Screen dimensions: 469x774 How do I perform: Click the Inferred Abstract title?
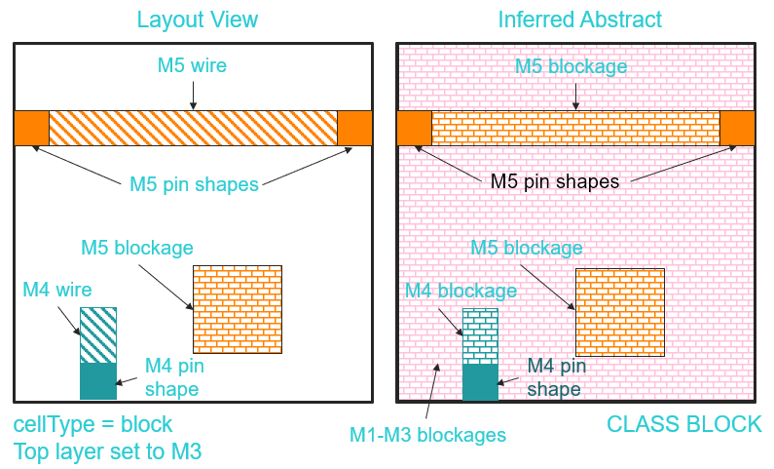(x=580, y=20)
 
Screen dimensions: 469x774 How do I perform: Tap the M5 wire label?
(x=193, y=66)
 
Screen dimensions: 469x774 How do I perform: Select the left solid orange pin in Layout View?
(x=31, y=128)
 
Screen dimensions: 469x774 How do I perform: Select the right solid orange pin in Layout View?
(x=355, y=128)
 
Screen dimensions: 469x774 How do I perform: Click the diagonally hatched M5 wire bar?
(x=193, y=128)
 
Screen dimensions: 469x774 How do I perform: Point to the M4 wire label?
(x=57, y=290)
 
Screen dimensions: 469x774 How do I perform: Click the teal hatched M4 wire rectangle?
(x=97, y=335)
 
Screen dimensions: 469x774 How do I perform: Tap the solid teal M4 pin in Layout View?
(x=97, y=380)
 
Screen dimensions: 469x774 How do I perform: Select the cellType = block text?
(x=92, y=425)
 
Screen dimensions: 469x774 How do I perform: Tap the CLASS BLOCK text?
(x=683, y=425)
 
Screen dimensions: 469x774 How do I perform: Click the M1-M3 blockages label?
(x=427, y=435)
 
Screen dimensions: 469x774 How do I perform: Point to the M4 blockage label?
(x=461, y=291)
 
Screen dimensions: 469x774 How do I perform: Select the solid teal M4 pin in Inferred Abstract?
(x=480, y=382)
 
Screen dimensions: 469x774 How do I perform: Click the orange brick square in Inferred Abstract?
(x=620, y=312)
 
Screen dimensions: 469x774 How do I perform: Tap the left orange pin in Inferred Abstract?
(x=414, y=128)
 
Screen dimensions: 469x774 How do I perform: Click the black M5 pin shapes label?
(x=554, y=181)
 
